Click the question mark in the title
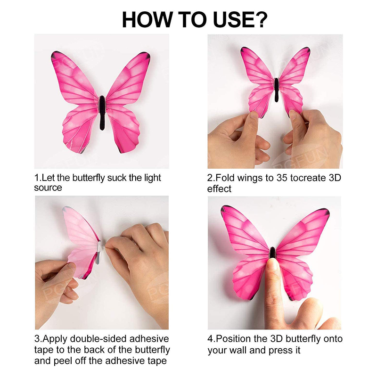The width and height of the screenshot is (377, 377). [x=260, y=19]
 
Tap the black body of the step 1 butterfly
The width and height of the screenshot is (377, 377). [x=102, y=113]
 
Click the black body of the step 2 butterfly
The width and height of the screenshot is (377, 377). [x=277, y=90]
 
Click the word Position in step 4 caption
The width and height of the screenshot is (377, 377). [x=233, y=339]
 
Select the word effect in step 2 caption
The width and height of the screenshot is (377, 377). [x=219, y=189]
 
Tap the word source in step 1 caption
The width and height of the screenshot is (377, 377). [x=48, y=188]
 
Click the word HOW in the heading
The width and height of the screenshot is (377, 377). [x=147, y=19]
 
